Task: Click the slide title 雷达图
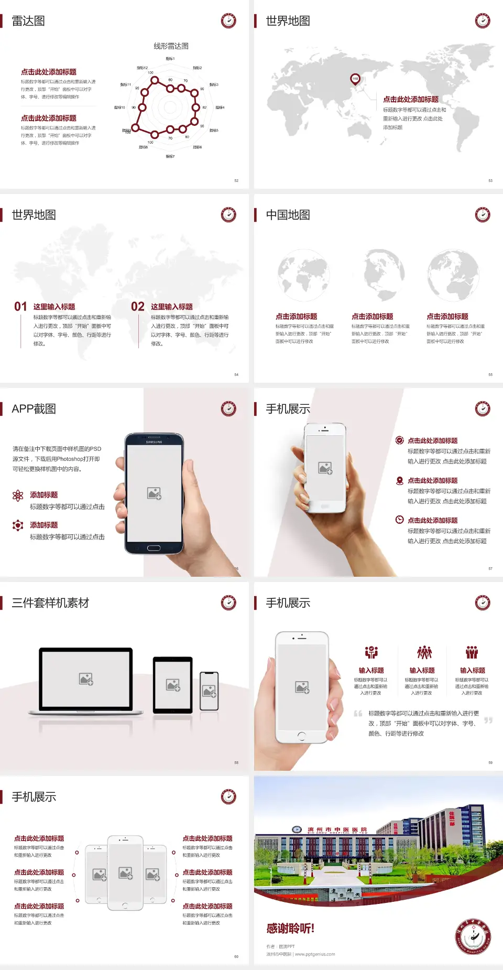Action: [28, 21]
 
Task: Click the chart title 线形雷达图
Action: [171, 46]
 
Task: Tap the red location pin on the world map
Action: [355, 79]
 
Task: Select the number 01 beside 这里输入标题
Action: [20, 307]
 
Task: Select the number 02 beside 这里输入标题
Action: [138, 307]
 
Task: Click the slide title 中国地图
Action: [288, 215]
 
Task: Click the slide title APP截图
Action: [34, 409]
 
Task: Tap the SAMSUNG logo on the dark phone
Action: [154, 442]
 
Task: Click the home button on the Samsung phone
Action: [154, 548]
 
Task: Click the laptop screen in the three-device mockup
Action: [86, 678]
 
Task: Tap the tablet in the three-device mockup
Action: [173, 684]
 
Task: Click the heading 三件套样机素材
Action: [50, 603]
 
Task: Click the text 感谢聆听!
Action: [290, 929]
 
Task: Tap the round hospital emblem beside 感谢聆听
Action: [473, 936]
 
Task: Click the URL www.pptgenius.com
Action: [315, 954]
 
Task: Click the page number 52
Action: [236, 180]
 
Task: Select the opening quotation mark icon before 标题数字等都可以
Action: [358, 714]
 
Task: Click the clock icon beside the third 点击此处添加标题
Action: [399, 520]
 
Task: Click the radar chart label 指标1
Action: [170, 59]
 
